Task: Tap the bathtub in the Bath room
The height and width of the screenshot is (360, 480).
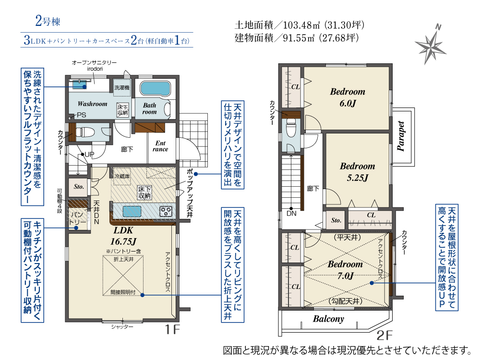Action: click(x=156, y=89)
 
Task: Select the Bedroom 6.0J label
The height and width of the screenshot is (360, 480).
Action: click(x=347, y=96)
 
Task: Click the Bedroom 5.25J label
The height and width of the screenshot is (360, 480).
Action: click(x=357, y=172)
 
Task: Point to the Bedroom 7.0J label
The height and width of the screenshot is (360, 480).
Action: click(x=345, y=270)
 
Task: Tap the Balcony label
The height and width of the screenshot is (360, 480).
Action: click(x=329, y=319)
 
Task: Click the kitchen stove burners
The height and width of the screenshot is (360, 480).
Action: click(x=166, y=211)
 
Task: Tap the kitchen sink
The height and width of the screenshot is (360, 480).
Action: click(x=131, y=211)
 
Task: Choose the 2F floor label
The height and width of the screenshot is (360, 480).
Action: click(x=386, y=335)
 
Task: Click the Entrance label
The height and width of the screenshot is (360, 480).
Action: click(x=160, y=146)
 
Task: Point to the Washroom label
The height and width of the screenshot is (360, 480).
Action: click(x=92, y=104)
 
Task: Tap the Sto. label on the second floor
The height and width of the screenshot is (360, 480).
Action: click(x=336, y=220)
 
